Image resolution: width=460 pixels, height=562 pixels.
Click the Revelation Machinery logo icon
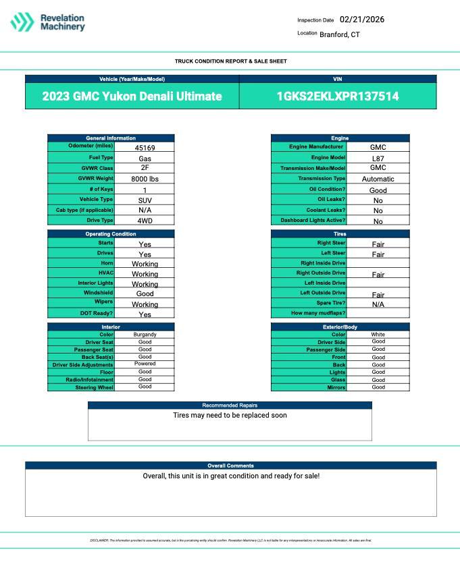pos(22,22)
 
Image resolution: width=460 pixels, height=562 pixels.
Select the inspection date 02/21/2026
pos(361,20)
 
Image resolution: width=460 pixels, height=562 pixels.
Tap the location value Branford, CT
pos(340,34)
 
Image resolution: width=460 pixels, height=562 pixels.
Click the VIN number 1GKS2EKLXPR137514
pos(338,96)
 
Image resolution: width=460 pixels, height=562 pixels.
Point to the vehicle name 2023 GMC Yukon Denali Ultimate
pos(132,96)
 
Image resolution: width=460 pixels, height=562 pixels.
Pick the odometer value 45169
pos(145,147)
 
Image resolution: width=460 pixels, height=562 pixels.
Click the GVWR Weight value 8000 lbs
pos(145,179)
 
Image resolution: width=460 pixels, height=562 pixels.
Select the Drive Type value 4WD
pos(145,221)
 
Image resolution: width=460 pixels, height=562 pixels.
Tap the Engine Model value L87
pos(378,158)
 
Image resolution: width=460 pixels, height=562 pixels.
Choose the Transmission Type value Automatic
pos(378,179)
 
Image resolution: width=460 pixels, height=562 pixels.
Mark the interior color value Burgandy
pos(145,335)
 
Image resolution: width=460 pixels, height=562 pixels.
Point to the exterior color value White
pos(378,335)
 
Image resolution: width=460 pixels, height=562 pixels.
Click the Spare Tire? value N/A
pos(378,304)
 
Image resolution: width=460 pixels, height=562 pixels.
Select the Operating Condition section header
pos(111,234)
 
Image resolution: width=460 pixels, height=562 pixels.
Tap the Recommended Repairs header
pos(230,405)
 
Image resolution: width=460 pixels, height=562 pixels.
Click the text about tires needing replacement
pos(230,416)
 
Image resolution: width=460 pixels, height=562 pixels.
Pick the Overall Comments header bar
pos(230,466)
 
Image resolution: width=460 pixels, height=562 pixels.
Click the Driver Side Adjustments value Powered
pos(145,364)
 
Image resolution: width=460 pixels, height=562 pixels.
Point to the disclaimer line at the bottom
pos(230,540)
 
